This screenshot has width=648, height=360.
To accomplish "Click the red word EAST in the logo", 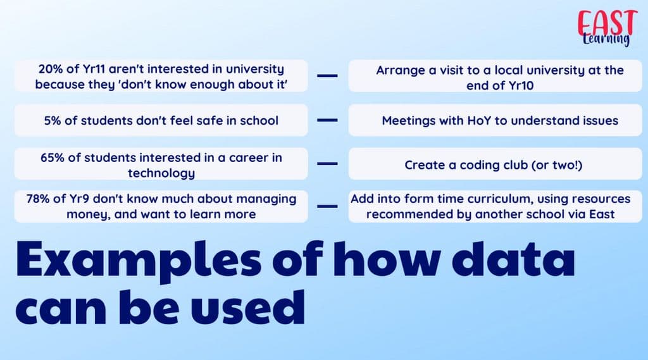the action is [607, 23].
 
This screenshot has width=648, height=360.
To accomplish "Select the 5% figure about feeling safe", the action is [53, 121].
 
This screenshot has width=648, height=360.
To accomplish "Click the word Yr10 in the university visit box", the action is [521, 85].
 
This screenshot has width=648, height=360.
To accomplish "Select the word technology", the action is [161, 173].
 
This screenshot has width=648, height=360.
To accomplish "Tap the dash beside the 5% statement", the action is [327, 120].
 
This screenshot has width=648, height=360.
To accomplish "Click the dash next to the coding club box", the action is [327, 164].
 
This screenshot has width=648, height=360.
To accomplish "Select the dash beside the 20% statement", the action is [327, 76].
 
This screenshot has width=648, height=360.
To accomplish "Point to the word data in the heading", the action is [513, 259].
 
